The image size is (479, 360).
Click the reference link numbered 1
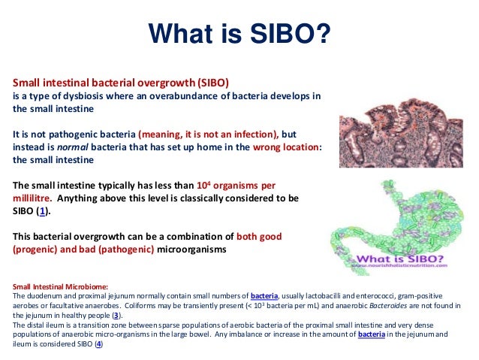(43, 211)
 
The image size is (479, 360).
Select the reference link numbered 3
(116, 316)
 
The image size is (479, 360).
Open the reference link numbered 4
(98, 344)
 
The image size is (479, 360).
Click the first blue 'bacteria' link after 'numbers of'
(264, 296)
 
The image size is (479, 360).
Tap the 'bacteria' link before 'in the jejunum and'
(372, 334)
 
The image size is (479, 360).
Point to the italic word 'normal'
(73, 147)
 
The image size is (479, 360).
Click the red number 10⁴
(203, 185)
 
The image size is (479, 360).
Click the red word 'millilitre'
(31, 198)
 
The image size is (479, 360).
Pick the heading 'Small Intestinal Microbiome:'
(61, 286)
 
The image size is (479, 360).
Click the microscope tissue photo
(401, 133)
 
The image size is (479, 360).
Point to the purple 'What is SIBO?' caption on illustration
(400, 259)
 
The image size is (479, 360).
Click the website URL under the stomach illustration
(400, 265)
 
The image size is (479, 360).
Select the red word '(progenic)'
(35, 250)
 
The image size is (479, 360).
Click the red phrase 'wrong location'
(285, 147)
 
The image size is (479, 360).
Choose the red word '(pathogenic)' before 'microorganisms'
(126, 250)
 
